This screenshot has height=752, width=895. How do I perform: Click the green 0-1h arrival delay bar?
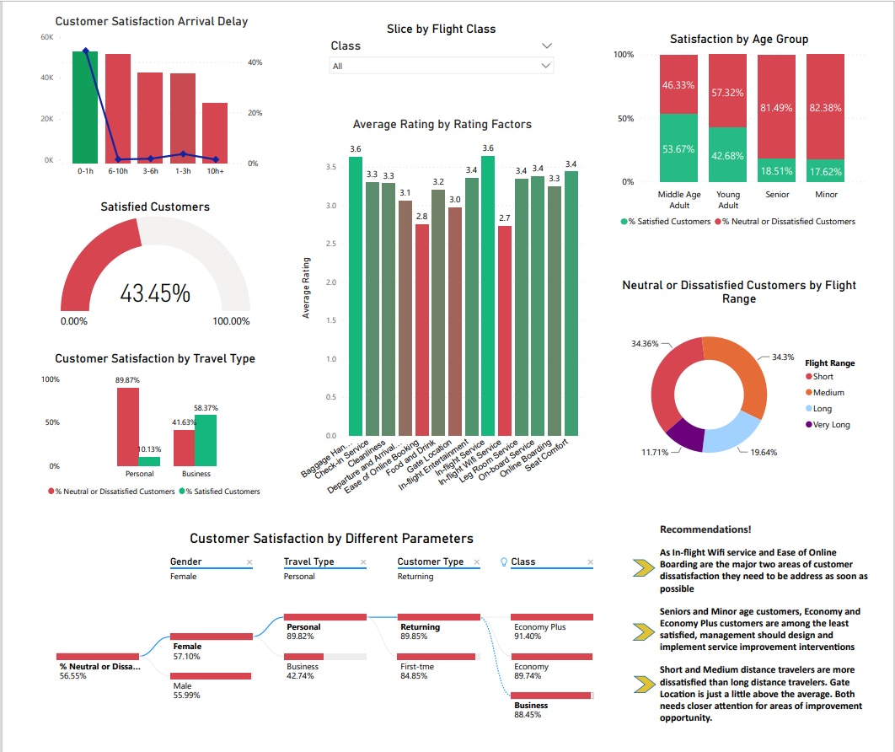[x=85, y=107]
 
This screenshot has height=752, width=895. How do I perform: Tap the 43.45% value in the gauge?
[x=154, y=293]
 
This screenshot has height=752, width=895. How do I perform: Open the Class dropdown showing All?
[x=441, y=66]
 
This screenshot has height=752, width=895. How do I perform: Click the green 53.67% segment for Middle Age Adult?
[x=678, y=148]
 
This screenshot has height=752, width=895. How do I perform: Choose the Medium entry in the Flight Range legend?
[x=828, y=393]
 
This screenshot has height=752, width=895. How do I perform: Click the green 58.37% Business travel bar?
[x=206, y=440]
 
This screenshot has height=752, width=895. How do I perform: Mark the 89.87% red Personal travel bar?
[x=128, y=426]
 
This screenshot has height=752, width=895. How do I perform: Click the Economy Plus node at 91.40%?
[x=551, y=617]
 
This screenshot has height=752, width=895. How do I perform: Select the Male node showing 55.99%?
[x=211, y=676]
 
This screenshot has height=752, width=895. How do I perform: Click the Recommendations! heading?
[x=705, y=529]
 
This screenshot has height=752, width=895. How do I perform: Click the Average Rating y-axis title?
[x=306, y=287]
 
